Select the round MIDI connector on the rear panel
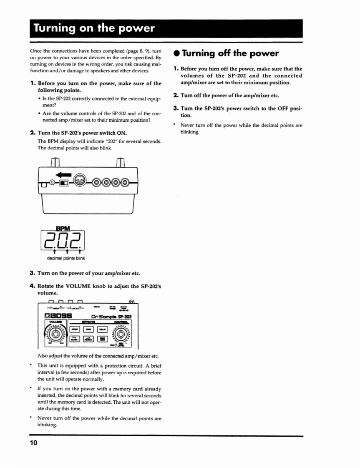click(79, 181)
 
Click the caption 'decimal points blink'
click(65, 258)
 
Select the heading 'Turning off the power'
click(230, 53)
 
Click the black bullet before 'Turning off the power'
click(177, 54)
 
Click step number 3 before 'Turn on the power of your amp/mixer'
click(32, 273)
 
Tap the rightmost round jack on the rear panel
click(124, 182)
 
